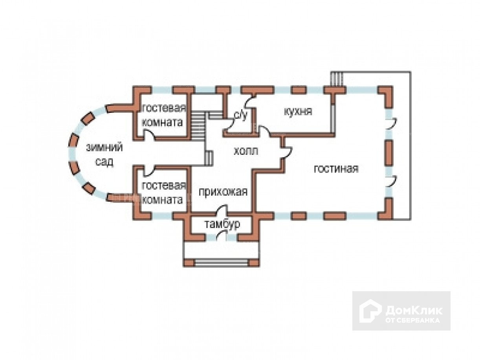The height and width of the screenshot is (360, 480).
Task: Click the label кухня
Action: point(298,111)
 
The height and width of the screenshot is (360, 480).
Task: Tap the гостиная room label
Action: point(336,169)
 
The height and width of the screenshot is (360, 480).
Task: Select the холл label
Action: point(246,151)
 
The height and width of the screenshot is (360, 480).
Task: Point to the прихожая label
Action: point(223,192)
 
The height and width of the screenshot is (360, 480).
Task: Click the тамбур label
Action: point(222,225)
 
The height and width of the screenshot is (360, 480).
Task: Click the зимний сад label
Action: point(104,154)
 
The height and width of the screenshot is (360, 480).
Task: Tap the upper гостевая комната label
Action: point(163,115)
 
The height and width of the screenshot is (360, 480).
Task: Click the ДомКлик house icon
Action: point(370,310)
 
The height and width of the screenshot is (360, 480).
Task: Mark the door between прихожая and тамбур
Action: point(222,210)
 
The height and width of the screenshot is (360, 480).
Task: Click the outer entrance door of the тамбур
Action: point(222,236)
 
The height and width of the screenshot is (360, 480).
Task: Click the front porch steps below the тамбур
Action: point(222,263)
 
